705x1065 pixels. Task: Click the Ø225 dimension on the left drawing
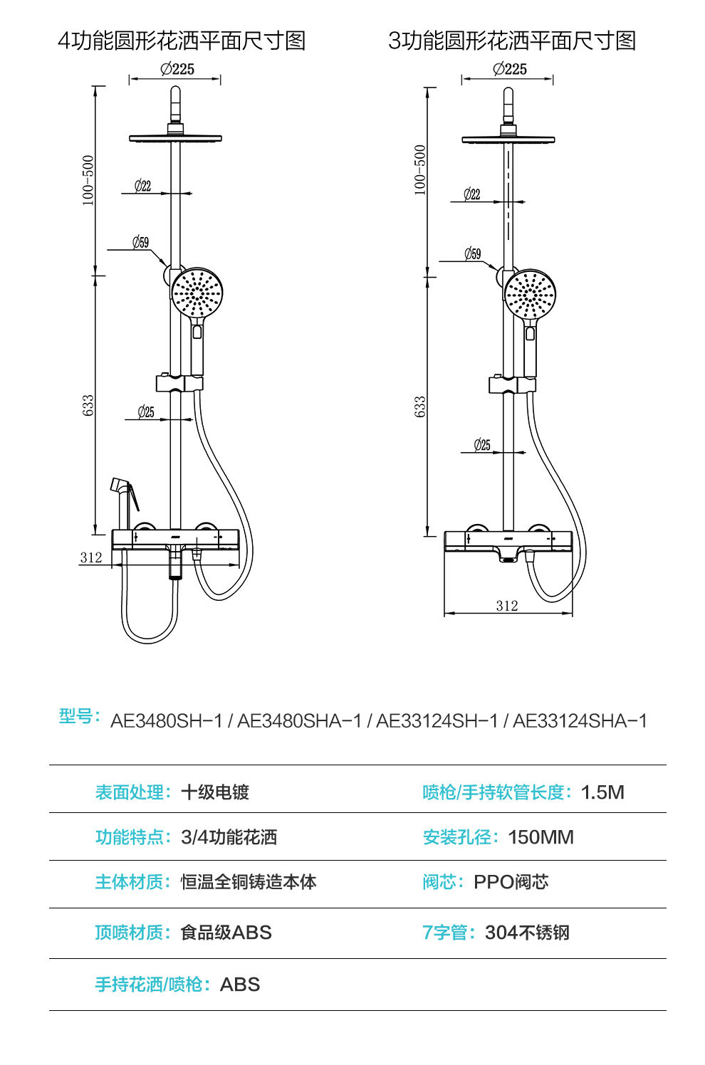pos(177,70)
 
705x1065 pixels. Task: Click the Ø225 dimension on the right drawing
pos(509,70)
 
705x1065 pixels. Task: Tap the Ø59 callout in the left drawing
pos(141,243)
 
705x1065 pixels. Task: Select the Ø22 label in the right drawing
pos(472,194)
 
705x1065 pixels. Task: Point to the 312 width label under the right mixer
pos(507,606)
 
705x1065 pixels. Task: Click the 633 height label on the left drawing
pos(88,406)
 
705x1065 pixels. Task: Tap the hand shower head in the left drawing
pos(197,292)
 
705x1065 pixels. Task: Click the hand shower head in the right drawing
pos(530,294)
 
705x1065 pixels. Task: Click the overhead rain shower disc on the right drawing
pos(508,140)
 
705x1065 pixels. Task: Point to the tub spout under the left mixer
pos(175,562)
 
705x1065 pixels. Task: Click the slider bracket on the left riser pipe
pos(179,383)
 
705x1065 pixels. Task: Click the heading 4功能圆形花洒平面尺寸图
pos(182,41)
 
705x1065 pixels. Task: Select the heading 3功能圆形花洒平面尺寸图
pos(512,41)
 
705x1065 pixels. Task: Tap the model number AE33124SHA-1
pos(580,721)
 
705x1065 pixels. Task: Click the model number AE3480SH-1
pos(167,721)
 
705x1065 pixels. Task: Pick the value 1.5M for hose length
pos(602,792)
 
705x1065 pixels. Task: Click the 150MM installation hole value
pos(541,837)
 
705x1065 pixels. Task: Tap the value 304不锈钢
pos(527,933)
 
